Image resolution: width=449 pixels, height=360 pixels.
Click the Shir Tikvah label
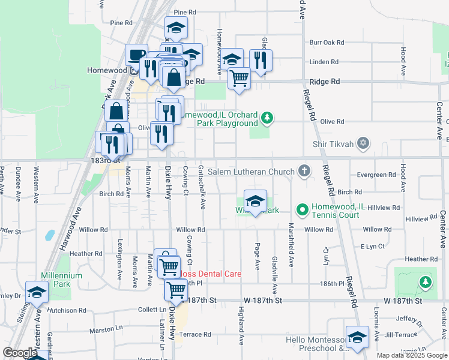[x=333, y=144]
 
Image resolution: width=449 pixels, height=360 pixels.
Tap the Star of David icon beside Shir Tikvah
[x=362, y=143]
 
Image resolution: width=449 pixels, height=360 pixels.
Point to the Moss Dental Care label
[x=210, y=274]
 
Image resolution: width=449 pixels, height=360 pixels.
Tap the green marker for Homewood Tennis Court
[x=302, y=209]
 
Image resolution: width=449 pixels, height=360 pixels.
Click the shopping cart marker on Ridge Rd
[x=239, y=78]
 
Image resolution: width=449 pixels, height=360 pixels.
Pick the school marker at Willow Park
[x=255, y=201]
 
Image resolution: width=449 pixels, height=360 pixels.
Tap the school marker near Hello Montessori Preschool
[x=357, y=337]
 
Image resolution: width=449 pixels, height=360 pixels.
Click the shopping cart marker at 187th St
[x=176, y=290]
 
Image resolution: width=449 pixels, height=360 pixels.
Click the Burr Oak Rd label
[x=327, y=43]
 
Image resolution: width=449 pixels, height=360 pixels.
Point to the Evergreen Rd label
[x=375, y=175]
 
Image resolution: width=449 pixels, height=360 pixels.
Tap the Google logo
[x=20, y=353]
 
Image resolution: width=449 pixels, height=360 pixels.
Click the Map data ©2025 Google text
[x=411, y=355]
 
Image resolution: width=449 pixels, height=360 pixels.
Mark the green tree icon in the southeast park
[x=426, y=281]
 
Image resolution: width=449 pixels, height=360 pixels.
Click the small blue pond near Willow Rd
[x=49, y=235]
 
